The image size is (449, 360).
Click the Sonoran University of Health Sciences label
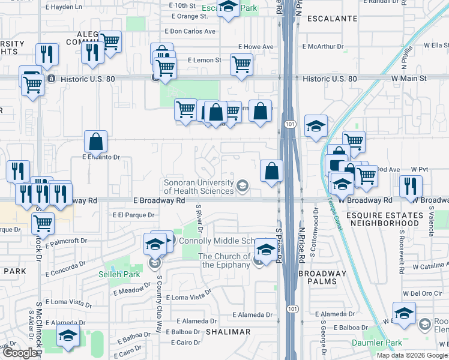tap(199, 187)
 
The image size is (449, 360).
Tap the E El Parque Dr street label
tap(133, 214)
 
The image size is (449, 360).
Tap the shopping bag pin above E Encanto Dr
tap(95, 142)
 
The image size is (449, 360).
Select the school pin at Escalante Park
tap(228, 8)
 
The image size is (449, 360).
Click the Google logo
tap(20, 353)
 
